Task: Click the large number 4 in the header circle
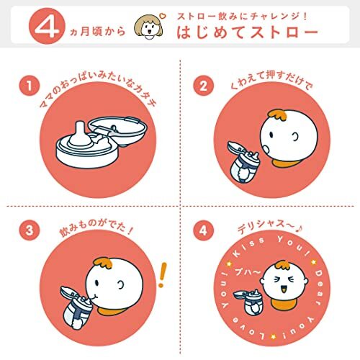tap(47, 27)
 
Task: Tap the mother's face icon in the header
tap(148, 27)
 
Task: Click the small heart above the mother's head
tap(163, 16)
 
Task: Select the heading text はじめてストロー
tap(247, 32)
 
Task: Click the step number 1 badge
tap(30, 86)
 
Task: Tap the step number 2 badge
tap(203, 86)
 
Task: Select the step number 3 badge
tap(30, 230)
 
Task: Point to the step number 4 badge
tap(203, 230)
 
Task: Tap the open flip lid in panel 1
tap(118, 131)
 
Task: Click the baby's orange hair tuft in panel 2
tap(278, 115)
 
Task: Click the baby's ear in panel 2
tap(295, 137)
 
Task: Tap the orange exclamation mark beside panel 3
tap(163, 275)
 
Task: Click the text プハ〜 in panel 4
tap(248, 272)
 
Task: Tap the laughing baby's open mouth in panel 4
tap(284, 289)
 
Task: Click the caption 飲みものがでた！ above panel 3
tap(96, 228)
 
